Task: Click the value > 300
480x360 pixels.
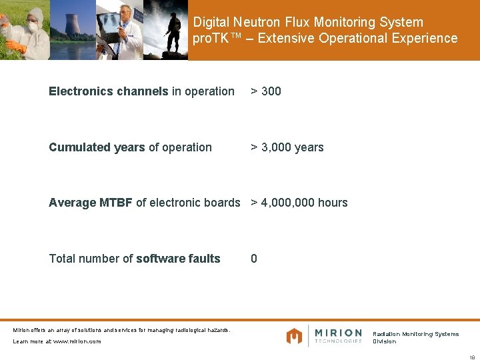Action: (x=266, y=91)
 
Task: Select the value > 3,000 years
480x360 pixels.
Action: (x=287, y=147)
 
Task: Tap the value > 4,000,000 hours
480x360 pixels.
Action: (x=299, y=203)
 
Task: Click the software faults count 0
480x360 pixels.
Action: (x=254, y=259)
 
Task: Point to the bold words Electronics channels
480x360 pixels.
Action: (x=108, y=91)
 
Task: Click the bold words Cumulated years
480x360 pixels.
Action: (x=97, y=147)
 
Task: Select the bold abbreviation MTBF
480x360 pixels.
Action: (x=116, y=203)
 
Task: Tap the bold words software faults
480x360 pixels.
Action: (x=178, y=259)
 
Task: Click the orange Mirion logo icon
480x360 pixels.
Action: (x=294, y=335)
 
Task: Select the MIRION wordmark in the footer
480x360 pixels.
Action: (x=338, y=333)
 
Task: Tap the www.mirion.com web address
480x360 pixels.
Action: (x=77, y=341)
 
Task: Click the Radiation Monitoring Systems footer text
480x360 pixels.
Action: (x=415, y=334)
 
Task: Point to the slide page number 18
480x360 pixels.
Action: (x=471, y=357)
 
